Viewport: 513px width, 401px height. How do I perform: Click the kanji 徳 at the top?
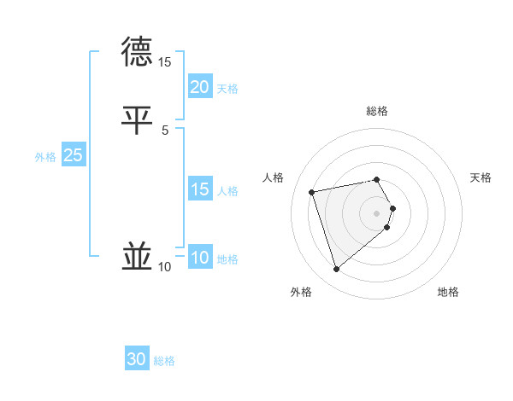(x=138, y=52)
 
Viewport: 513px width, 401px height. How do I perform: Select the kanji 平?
(x=138, y=119)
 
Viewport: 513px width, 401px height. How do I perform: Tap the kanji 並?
(x=138, y=256)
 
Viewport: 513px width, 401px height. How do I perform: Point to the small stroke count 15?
(x=165, y=62)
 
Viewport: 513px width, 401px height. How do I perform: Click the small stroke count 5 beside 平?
(x=165, y=130)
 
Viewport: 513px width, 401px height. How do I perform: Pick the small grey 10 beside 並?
(x=165, y=267)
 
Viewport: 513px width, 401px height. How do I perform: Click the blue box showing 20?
(x=199, y=87)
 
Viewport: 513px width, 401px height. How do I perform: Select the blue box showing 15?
(x=199, y=189)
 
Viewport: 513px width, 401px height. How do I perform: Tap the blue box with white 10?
(x=199, y=258)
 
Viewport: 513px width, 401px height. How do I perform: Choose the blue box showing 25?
(x=73, y=155)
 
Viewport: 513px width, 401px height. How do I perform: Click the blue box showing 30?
(x=137, y=359)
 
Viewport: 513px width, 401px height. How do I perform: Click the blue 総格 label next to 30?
(x=164, y=361)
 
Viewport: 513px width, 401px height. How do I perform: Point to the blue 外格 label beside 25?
(x=45, y=157)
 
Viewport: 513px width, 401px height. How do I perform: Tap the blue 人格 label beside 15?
(x=228, y=191)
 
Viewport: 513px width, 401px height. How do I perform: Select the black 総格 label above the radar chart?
(x=377, y=111)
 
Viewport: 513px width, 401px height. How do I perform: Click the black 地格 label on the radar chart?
(x=448, y=293)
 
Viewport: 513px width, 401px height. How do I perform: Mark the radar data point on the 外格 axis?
(x=336, y=269)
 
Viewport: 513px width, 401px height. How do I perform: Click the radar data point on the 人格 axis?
(x=312, y=191)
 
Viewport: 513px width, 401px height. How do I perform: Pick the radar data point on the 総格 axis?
(x=377, y=179)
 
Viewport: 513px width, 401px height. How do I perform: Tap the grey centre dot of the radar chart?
(x=377, y=212)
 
